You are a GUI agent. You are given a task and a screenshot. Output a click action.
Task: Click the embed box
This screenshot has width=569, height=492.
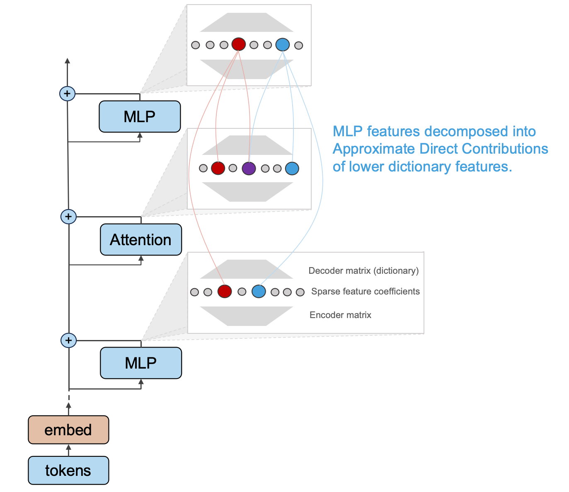click(x=68, y=430)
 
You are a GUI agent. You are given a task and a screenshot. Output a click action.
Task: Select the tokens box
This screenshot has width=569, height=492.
click(x=68, y=470)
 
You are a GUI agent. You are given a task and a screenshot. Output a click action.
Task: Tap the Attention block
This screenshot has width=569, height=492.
click(x=141, y=239)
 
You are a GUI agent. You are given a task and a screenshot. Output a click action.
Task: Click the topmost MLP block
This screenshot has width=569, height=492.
click(x=140, y=116)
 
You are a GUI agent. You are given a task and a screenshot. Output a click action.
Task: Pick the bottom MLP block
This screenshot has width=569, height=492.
click(x=141, y=363)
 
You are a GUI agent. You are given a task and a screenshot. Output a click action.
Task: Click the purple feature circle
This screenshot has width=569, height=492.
click(x=249, y=169)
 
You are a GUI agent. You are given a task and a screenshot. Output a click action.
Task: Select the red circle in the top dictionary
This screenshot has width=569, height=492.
click(x=239, y=44)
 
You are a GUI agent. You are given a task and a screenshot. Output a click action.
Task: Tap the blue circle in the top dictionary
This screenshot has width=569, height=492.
click(x=283, y=45)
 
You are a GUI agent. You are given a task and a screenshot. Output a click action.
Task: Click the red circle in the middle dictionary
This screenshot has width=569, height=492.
click(x=218, y=168)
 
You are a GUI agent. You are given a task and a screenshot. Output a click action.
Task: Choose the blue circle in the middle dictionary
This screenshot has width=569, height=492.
click(x=292, y=169)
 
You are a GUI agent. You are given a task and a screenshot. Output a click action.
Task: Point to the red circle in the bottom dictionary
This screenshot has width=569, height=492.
click(x=225, y=292)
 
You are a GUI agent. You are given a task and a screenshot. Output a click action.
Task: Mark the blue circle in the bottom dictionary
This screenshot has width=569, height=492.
click(x=259, y=292)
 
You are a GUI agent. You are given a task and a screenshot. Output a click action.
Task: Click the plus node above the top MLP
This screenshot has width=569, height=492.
click(x=68, y=94)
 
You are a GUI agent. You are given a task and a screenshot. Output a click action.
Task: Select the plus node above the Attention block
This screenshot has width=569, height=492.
click(x=68, y=217)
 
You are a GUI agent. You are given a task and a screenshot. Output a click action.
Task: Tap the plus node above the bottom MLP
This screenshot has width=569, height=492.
click(x=68, y=340)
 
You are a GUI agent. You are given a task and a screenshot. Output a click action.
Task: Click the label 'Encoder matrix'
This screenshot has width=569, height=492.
click(x=341, y=315)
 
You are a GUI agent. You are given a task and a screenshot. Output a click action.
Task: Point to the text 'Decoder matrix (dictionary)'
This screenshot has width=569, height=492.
click(x=363, y=271)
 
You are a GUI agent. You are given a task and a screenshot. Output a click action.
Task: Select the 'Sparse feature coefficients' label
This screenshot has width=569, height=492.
click(x=366, y=292)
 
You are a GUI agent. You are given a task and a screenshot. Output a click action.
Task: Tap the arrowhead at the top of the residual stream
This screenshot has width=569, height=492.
click(x=68, y=61)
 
